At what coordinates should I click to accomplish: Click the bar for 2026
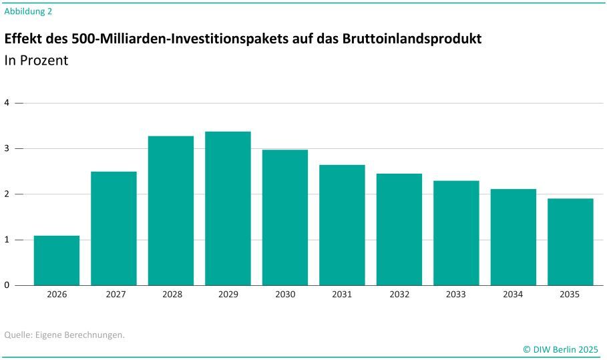pos(57,260)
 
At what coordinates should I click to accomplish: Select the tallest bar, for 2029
pos(228,208)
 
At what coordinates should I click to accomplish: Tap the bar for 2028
pos(171,210)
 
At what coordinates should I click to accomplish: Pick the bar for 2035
pos(570,242)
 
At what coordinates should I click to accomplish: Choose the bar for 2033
pos(456,233)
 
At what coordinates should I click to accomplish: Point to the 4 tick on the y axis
pos(7,103)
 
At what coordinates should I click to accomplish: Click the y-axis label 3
pos(7,148)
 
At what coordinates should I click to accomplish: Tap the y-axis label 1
pos(7,240)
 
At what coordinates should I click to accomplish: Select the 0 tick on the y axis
pos(7,285)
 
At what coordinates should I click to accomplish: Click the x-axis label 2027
pos(114,295)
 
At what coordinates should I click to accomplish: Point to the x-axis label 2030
pos(285,295)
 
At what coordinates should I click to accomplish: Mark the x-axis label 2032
pos(399,295)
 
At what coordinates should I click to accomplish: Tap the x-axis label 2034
pos(514,295)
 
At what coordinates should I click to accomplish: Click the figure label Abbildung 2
pos(28,11)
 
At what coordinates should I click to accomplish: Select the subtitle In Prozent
pos(36,60)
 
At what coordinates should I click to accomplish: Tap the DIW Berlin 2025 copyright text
pos(560,349)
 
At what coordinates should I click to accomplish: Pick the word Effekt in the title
pos(24,39)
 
